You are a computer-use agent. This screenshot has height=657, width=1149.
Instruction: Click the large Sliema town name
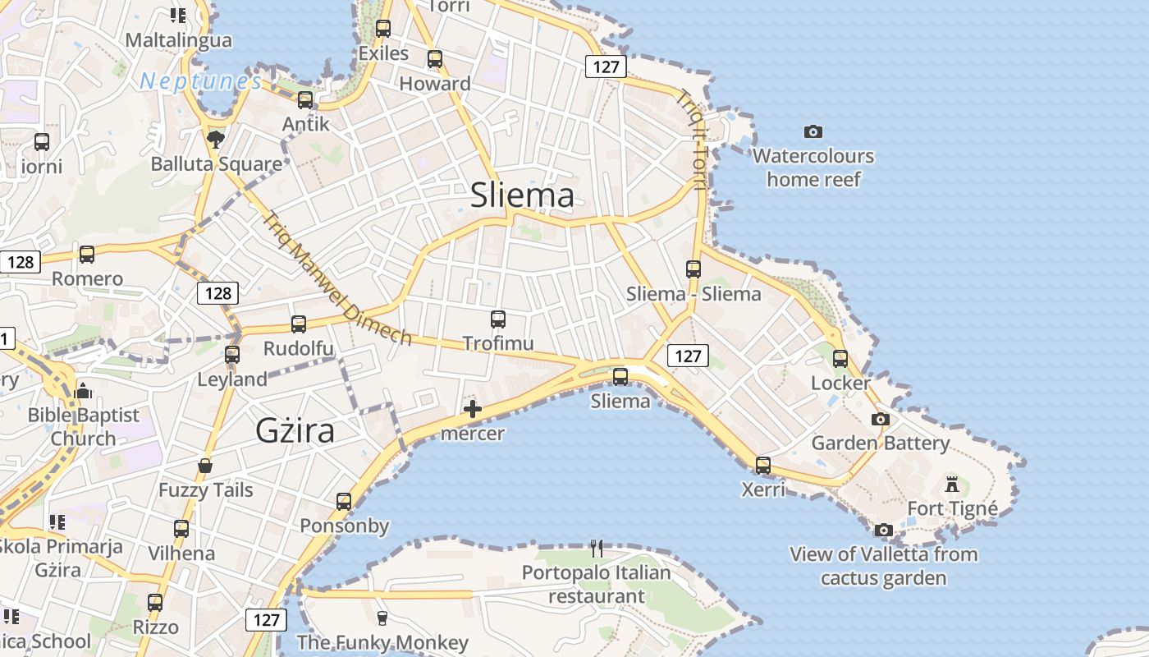(x=522, y=195)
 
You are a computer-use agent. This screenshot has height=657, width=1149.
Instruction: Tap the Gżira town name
(x=295, y=430)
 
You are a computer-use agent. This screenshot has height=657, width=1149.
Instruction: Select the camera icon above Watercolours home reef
(x=813, y=131)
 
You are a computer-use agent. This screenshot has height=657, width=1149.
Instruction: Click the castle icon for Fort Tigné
(x=952, y=484)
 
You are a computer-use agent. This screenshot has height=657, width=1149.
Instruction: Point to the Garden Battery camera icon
(x=881, y=419)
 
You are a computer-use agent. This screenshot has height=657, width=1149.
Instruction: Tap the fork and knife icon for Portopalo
(x=597, y=548)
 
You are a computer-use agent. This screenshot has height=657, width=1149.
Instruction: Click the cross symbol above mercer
(x=473, y=409)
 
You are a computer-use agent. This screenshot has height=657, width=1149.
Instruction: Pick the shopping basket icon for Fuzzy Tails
(x=205, y=466)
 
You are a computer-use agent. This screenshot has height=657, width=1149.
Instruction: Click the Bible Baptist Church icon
(x=83, y=392)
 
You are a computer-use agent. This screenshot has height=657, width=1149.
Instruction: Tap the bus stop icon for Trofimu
(x=498, y=319)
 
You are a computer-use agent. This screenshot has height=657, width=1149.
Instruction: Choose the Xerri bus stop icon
(x=763, y=466)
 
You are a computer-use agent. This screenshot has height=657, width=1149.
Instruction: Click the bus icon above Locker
(x=840, y=359)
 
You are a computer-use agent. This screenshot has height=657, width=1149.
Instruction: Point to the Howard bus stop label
(x=435, y=84)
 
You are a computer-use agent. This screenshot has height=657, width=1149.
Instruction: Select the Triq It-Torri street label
(x=691, y=140)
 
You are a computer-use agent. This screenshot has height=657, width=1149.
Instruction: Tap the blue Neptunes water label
(x=201, y=81)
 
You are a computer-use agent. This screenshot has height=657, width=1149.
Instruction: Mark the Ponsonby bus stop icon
(x=344, y=501)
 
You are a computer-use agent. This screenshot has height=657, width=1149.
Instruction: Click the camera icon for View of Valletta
(x=884, y=530)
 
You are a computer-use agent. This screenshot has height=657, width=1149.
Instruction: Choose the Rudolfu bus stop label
(x=299, y=348)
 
